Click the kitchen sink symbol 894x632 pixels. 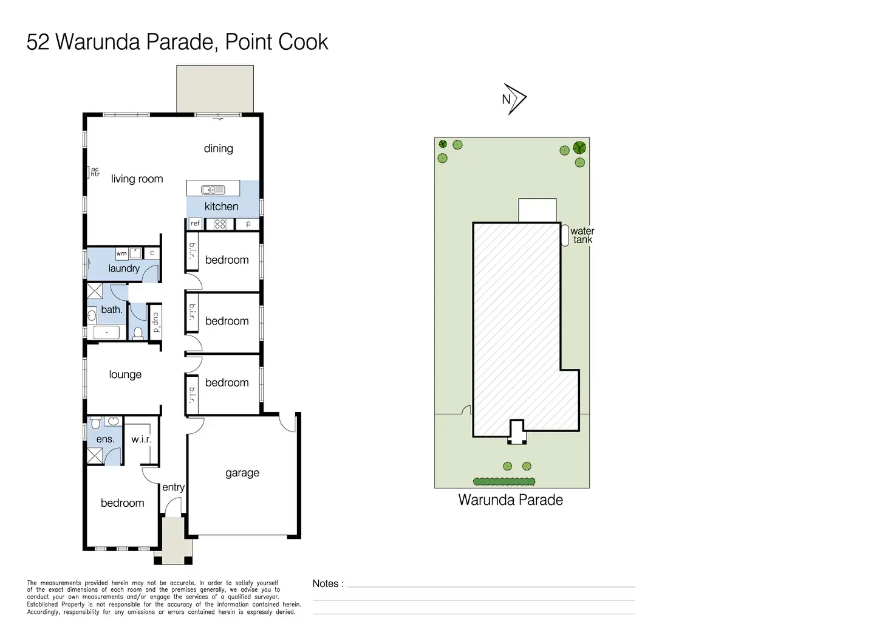pos(213,190)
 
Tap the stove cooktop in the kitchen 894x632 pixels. pos(220,224)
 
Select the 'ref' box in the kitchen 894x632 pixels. pos(195,224)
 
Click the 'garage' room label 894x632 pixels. pos(242,473)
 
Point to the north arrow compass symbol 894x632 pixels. pos(514,99)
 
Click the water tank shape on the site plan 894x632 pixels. pos(565,235)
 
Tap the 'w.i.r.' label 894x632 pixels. pos(142,439)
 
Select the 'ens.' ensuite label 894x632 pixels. pos(105,439)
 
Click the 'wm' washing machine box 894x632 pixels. pos(121,253)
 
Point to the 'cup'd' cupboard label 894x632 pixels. pos(156,322)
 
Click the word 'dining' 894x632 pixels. pos(218,148)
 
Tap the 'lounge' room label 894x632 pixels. pos(125,374)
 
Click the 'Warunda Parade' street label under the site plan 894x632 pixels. pos(510,500)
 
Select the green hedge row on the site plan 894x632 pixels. pos(504,481)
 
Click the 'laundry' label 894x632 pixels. pos(124,268)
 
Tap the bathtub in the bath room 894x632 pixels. pos(106,332)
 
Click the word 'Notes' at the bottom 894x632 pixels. pos(326,584)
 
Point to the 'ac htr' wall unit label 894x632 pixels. pos(95,172)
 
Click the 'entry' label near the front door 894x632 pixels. pos(174,487)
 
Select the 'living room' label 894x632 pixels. pos(137,179)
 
